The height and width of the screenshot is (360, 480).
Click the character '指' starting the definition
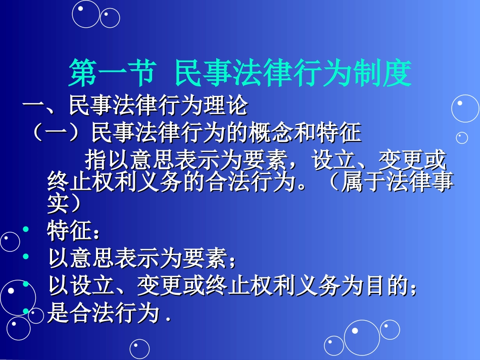[x=94, y=161]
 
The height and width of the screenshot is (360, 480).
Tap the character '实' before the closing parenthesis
[x=57, y=203]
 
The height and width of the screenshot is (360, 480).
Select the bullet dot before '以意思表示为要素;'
[x=26, y=258]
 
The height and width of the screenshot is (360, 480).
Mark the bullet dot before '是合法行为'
[x=26, y=313]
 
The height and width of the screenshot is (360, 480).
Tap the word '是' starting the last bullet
[x=58, y=314]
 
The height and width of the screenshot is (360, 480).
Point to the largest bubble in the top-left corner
[x=85, y=14]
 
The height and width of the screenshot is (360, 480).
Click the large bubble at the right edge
[x=465, y=108]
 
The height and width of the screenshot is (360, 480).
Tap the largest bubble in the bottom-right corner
[x=362, y=337]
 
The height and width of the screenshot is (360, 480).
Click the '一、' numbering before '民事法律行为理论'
[x=41, y=106]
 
